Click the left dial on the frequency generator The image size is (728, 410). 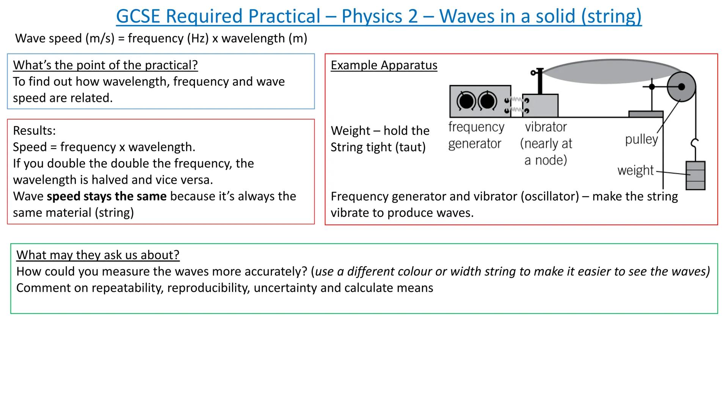(466, 101)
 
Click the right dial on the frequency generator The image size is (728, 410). (487, 101)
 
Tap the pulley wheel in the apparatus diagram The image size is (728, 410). (681, 87)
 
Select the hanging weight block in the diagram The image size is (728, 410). (695, 175)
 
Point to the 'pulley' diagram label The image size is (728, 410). (641, 139)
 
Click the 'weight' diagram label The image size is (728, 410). (635, 170)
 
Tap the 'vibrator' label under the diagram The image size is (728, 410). (546, 127)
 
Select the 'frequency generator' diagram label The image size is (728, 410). (476, 135)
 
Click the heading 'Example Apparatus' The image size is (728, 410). (384, 65)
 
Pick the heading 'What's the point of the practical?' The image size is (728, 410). (105, 65)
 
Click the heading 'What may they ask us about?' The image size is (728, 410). (98, 255)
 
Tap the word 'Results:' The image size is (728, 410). (34, 131)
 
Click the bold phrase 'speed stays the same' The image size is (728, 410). (107, 196)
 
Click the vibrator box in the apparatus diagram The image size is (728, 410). (540, 106)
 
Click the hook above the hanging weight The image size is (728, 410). (695, 143)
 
